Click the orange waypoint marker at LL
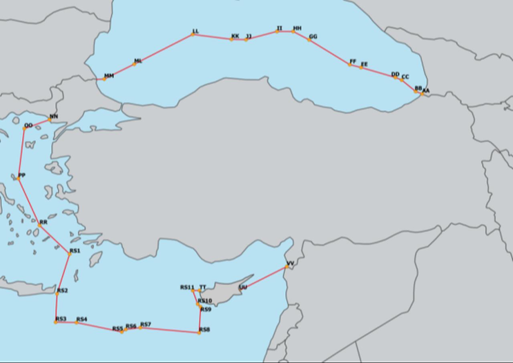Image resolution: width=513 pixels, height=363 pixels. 193,34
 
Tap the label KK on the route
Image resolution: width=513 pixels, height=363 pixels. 235,36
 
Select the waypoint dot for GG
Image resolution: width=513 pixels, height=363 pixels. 309,40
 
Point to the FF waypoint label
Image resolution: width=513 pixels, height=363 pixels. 353,61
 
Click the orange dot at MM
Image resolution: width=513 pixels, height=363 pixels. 104,79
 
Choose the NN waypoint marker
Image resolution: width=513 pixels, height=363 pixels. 50,120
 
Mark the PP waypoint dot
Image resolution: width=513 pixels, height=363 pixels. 18,178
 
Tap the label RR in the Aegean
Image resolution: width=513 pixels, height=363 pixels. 43,222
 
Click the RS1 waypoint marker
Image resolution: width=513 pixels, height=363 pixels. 69,254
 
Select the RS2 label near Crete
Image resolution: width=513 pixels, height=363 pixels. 63,290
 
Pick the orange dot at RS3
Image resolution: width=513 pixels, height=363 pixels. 56,322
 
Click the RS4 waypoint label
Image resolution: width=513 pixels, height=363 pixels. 81,319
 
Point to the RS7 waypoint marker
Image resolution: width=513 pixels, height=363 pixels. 140,328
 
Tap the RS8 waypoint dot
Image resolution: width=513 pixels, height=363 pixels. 199,333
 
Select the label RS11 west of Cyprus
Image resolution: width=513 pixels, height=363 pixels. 187,287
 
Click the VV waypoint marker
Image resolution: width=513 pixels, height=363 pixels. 287,267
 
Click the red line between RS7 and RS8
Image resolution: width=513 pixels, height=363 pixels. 170,330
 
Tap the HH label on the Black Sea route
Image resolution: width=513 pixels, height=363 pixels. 297,28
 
